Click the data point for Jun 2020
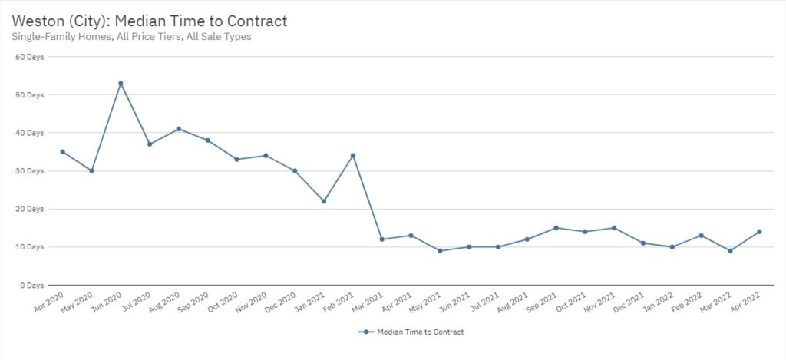coord(121,83)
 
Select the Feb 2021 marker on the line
coord(352,156)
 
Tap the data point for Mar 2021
coord(381,239)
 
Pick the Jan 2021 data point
coord(324,201)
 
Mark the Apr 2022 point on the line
coord(759,232)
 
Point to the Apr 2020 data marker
coord(62,152)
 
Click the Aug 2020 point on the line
coord(179,129)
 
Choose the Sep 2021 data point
coord(556,228)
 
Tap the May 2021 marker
coord(440,251)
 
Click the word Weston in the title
coord(37,21)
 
